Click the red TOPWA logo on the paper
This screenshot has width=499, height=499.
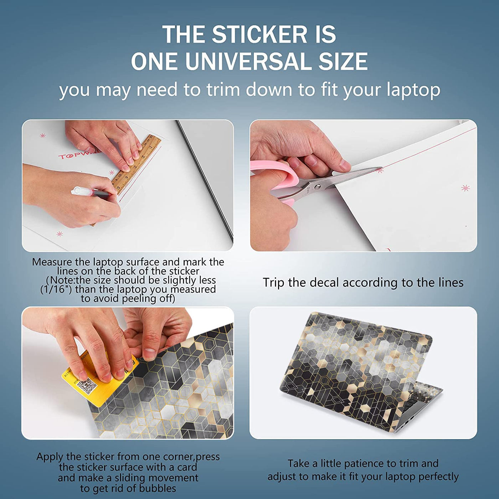click(x=78, y=156)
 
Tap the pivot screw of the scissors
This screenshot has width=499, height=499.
click(x=317, y=186)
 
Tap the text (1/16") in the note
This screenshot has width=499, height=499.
click(x=56, y=289)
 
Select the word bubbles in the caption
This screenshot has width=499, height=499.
click(x=158, y=488)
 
